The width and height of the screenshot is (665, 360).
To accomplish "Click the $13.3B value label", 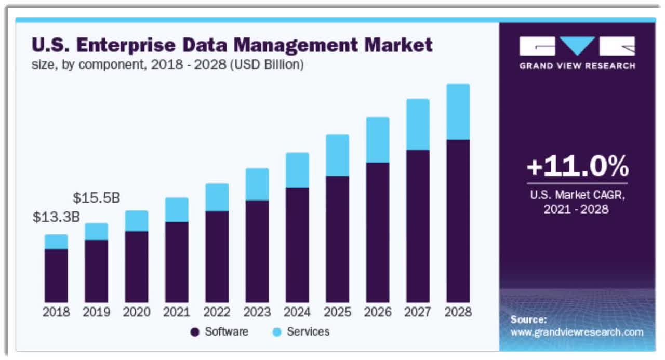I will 56,217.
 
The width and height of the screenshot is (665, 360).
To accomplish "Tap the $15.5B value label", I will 96,198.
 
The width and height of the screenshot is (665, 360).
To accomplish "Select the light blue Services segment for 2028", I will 458,112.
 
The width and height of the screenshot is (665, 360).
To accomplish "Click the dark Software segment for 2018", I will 56,275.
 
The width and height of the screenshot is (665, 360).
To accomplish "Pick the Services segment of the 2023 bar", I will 257,184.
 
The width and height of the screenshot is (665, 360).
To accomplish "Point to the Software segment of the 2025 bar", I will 337,239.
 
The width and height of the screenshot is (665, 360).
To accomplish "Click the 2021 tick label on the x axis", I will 177,312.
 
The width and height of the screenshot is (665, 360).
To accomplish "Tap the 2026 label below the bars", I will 378,312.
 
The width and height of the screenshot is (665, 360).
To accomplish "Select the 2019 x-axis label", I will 97,312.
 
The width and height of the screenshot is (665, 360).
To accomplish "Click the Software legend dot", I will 195,332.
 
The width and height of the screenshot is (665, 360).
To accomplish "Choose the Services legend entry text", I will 308,331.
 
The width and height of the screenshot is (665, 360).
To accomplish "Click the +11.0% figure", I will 577,167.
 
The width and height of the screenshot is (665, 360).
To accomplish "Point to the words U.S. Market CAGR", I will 577,196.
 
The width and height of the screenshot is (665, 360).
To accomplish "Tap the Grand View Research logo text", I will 577,66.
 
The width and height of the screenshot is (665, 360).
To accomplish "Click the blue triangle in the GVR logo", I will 577,45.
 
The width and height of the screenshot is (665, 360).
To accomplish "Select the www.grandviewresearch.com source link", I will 577,332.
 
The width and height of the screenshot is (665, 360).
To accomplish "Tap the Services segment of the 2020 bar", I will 137,221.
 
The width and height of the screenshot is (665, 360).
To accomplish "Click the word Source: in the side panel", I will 528,319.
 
